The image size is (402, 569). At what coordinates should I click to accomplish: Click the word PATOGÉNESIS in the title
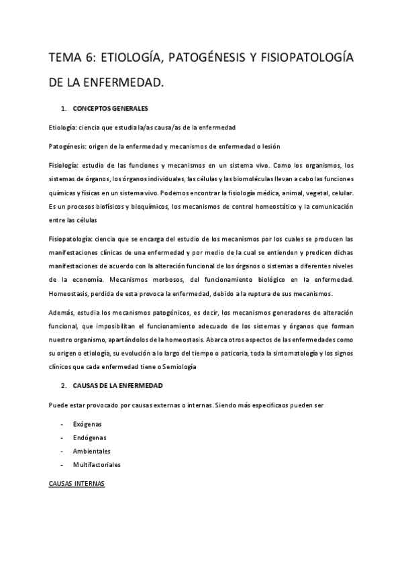[x=201, y=59]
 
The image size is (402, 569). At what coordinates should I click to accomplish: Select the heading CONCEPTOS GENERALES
[x=111, y=109]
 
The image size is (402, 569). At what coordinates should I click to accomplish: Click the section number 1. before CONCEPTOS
[x=63, y=109]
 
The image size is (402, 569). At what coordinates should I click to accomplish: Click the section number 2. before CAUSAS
[x=63, y=386]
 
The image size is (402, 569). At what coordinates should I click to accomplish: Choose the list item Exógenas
[x=87, y=424]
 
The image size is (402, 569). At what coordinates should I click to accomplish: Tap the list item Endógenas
[x=88, y=437]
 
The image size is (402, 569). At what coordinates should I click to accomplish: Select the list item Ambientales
[x=92, y=451]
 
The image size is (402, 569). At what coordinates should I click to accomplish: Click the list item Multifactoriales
[x=97, y=464]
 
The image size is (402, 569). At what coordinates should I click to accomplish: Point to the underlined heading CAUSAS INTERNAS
[x=77, y=483]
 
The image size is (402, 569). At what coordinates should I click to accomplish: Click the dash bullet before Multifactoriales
[x=62, y=464]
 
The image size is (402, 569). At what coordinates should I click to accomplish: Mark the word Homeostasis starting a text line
[x=69, y=294]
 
